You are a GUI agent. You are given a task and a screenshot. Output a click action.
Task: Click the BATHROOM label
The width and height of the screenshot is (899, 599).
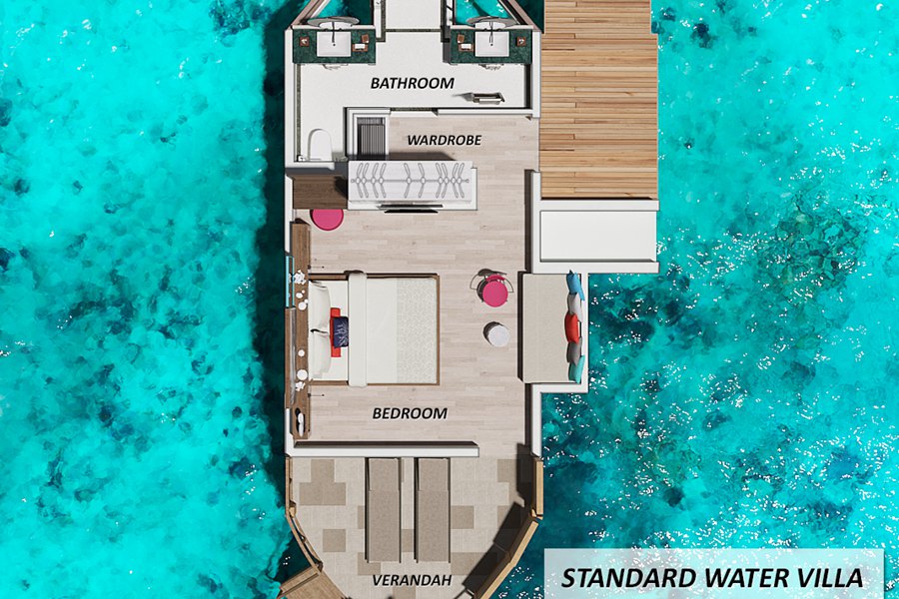coord(413,83)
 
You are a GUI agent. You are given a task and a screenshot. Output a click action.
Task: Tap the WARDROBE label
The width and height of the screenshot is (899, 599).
coord(444,140)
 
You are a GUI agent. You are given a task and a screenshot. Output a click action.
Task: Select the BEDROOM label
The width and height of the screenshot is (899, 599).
coord(410,413)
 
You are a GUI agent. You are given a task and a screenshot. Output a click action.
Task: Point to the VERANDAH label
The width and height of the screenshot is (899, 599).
coord(412,580)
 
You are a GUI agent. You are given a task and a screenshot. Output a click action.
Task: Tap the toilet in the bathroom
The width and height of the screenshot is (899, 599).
coord(319,144)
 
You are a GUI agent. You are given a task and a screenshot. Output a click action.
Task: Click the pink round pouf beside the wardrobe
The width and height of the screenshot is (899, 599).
coord(328,218)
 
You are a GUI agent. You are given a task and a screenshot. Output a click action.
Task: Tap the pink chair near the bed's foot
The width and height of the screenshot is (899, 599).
coord(493,292)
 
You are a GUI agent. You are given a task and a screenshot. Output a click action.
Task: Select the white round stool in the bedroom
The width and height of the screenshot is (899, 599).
coord(496,334)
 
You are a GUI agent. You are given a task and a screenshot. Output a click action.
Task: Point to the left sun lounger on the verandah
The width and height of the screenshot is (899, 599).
coord(383,510)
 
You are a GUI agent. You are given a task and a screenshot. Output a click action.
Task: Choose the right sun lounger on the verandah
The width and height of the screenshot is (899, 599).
coord(433,510)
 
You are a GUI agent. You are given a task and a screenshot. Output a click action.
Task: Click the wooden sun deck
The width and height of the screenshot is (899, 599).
coord(598,99)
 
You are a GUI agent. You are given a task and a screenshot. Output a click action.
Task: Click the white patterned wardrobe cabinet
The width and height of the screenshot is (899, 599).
coord(412,184)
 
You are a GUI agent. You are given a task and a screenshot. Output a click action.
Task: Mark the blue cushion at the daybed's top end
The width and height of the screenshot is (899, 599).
coord(575,285)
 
